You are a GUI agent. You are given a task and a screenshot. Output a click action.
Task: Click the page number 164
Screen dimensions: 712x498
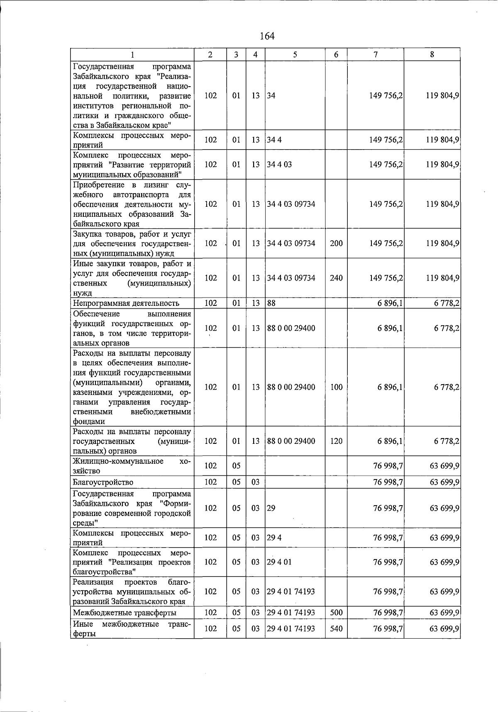[x=267, y=36]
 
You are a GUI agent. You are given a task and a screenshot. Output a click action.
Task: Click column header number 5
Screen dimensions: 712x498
[x=295, y=54]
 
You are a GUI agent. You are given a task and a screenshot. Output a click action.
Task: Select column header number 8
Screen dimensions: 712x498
[x=432, y=54]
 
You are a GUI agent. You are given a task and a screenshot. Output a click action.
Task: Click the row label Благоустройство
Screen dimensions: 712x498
[x=103, y=482]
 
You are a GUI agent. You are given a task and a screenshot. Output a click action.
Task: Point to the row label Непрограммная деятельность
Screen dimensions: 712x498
[x=126, y=303]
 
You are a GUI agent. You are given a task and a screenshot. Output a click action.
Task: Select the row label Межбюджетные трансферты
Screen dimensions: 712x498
[x=124, y=613]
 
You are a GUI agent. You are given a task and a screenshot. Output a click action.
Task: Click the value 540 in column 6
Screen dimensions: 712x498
[x=336, y=629]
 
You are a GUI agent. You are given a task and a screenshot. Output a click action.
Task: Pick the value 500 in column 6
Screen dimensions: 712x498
[x=336, y=613]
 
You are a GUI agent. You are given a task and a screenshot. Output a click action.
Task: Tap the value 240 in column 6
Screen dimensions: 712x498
[x=336, y=278]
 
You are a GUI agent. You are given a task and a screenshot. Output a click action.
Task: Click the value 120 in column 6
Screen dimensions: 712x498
[x=336, y=441]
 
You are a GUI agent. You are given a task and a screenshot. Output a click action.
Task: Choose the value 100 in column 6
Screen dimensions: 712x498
[x=336, y=387]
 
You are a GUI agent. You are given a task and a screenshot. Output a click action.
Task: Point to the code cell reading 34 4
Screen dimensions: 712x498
[x=274, y=140]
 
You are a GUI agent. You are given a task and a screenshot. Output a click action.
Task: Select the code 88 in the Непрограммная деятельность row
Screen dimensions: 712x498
[x=271, y=303]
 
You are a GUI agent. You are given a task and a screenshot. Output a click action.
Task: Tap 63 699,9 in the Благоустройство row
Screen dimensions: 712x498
[x=444, y=482]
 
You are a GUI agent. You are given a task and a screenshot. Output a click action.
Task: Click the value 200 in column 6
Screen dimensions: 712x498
[x=336, y=243]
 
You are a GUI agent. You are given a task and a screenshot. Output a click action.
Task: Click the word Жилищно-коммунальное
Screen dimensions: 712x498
[x=118, y=461]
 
